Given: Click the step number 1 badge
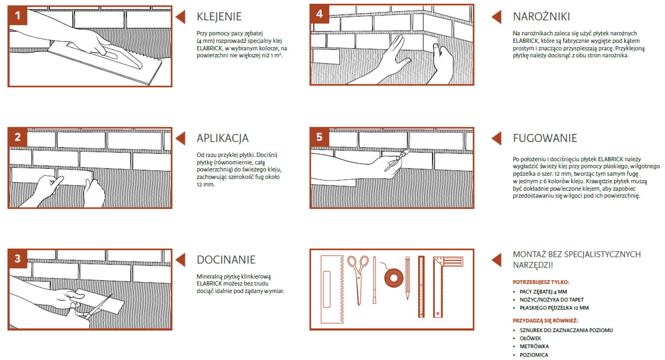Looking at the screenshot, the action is pyautogui.click(x=17, y=15).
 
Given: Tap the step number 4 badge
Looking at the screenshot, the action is pyautogui.click(x=320, y=14).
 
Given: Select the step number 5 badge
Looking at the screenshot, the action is pyautogui.click(x=320, y=137).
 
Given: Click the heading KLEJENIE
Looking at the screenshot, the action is pyautogui.click(x=219, y=17).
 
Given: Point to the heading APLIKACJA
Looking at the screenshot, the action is pyautogui.click(x=223, y=138).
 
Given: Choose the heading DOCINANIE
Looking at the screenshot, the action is pyautogui.click(x=226, y=259).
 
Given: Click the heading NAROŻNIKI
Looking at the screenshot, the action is pyautogui.click(x=542, y=16).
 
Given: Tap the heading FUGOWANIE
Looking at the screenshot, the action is pyautogui.click(x=545, y=138).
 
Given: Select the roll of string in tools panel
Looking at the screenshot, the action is pyautogui.click(x=394, y=277).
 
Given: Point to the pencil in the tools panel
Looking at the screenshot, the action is pyautogui.click(x=407, y=279).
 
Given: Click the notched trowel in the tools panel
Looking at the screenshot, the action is pyautogui.click(x=332, y=289).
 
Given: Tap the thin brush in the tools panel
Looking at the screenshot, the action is pyautogui.click(x=374, y=280).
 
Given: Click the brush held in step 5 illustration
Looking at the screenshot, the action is pyautogui.click(x=397, y=161).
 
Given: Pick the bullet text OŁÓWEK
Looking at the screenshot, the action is pyautogui.click(x=530, y=338).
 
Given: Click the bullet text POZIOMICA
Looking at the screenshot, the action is pyautogui.click(x=534, y=355).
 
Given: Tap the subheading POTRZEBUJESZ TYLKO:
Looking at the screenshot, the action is pyautogui.click(x=541, y=282).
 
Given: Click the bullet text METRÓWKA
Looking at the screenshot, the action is pyautogui.click(x=534, y=346).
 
